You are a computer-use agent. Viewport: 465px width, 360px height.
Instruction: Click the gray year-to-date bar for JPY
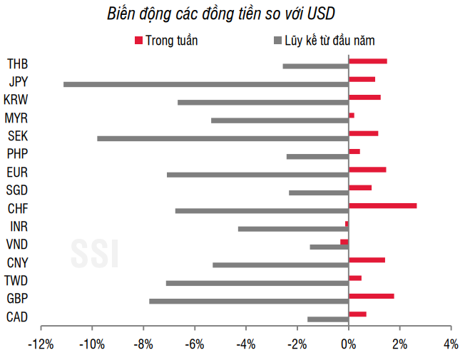click(x=206, y=84)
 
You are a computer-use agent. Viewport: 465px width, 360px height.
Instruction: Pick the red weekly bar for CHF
click(x=382, y=206)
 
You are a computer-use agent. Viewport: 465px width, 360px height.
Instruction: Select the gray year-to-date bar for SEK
click(x=223, y=138)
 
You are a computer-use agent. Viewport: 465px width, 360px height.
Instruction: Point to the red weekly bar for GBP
click(x=371, y=296)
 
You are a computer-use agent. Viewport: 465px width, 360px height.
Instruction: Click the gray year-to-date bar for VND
click(x=329, y=247)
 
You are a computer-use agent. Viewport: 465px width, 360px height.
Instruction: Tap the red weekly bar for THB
click(x=367, y=61)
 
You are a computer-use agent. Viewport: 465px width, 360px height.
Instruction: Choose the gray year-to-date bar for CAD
click(x=328, y=319)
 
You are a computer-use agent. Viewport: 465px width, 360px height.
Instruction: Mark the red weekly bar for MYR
click(x=351, y=115)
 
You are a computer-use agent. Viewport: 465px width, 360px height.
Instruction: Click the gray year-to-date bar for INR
click(x=293, y=229)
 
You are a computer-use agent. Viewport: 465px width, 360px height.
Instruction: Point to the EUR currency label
click(x=16, y=172)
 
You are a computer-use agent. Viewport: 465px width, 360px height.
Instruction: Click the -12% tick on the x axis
click(x=41, y=344)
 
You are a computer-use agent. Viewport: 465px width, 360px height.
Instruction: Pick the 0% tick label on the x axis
click(x=348, y=344)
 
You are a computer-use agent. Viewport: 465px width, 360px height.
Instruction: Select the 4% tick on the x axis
click(x=450, y=344)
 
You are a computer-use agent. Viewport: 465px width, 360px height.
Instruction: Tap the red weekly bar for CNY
click(x=367, y=260)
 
